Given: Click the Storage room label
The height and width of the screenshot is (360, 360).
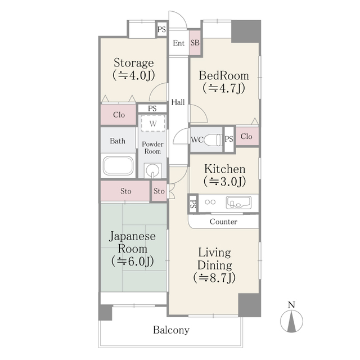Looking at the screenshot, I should pos(133,62).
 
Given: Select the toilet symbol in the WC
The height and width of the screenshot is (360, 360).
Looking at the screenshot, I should pos(211,139).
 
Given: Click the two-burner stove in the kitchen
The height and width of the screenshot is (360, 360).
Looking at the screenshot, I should pos(210,202).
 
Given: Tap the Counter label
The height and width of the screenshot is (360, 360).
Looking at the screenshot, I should pos(223,222).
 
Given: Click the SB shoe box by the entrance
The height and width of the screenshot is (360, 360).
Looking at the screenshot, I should pos(195,43).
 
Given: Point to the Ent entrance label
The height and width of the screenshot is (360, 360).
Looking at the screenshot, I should pos(179,43).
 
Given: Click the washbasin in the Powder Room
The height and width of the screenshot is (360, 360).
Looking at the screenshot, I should pos(152,170).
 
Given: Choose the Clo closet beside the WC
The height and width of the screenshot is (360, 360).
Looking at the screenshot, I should pos(246,137).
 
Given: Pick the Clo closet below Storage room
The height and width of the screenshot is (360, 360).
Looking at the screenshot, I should pos(118,115).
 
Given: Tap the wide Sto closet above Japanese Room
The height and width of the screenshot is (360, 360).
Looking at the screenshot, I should pos(125,191).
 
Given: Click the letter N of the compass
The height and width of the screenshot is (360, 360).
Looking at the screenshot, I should pos(291,305).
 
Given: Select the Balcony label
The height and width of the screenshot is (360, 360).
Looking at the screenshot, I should pos(171,330).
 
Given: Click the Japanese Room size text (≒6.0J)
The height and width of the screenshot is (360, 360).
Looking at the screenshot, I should pos(133,261).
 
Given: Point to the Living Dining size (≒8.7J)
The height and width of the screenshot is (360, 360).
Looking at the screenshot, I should pos(214,277).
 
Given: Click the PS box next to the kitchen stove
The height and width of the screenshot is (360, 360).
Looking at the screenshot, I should pos(193,204).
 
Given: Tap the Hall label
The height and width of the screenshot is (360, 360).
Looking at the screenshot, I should pos(178,102).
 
